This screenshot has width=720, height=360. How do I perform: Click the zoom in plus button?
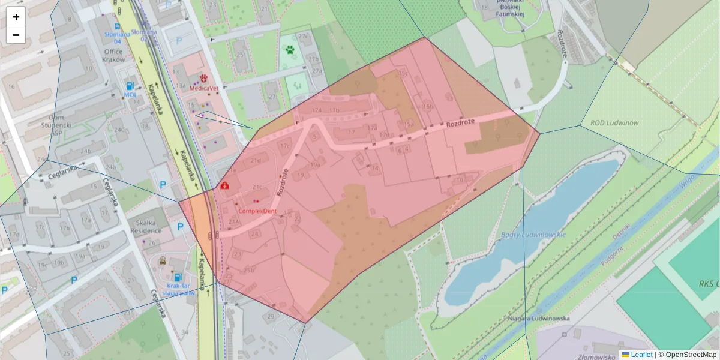(x=16, y=17)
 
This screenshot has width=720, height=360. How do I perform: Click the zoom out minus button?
(x=16, y=35)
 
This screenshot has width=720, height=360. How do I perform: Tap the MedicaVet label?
(x=203, y=88)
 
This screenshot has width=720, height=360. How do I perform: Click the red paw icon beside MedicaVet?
(x=204, y=78)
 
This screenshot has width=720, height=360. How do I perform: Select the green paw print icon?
(x=291, y=50)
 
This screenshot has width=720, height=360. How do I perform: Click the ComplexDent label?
(x=257, y=211)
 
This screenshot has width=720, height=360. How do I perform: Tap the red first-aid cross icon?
(x=224, y=187)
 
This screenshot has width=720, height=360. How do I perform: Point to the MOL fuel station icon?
(x=130, y=85)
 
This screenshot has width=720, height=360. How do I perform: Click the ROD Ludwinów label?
(x=614, y=123)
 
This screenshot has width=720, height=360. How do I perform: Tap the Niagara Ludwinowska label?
(x=538, y=319)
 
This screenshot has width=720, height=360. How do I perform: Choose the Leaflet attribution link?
(x=641, y=355)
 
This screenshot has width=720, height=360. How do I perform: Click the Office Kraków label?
(x=113, y=55)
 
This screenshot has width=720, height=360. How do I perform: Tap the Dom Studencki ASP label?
(x=52, y=121)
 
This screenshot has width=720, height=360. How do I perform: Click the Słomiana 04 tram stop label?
(x=113, y=37)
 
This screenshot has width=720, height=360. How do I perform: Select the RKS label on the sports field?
(x=709, y=284)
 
